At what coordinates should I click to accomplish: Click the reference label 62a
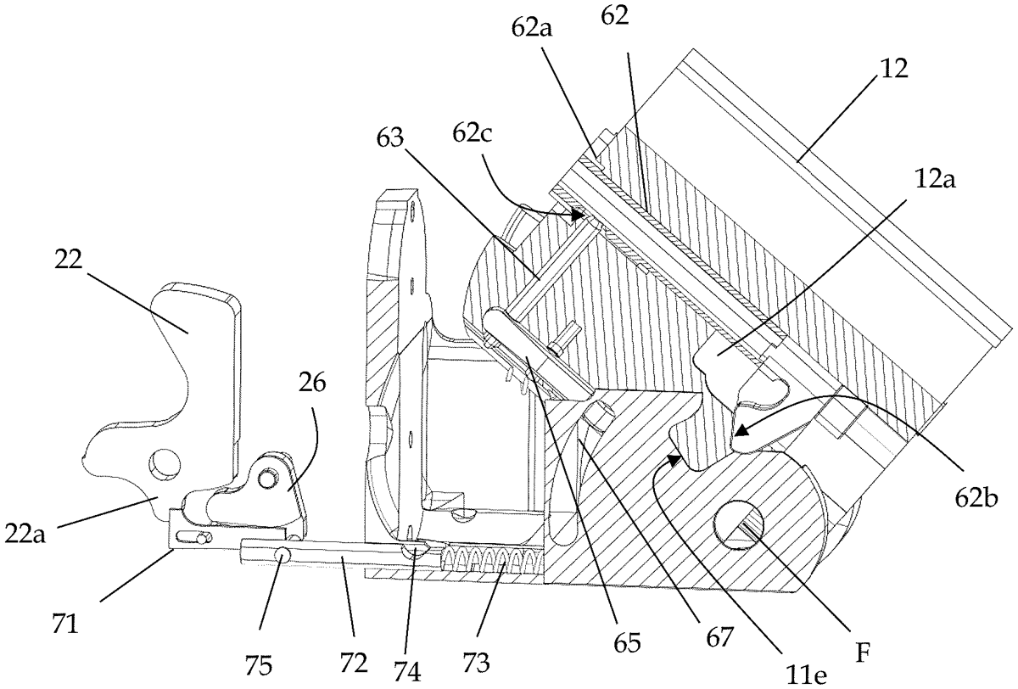click(531, 28)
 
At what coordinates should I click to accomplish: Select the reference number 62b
click(976, 499)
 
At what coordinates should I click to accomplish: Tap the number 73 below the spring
click(476, 662)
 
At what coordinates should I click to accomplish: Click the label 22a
click(25, 535)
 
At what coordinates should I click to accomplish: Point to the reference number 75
click(258, 666)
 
